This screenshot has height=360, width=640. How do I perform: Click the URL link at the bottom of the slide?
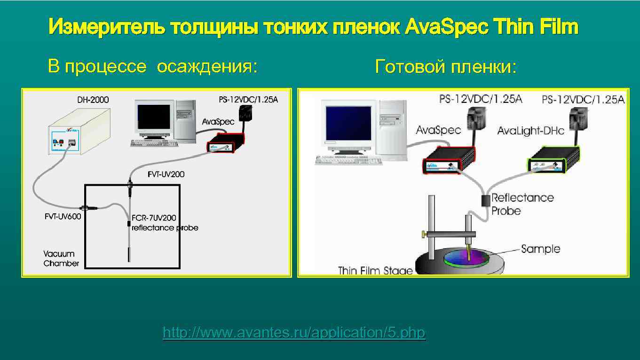[x=293, y=333]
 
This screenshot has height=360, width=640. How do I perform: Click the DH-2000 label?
[x=93, y=100]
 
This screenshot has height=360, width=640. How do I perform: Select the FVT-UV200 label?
[x=166, y=174]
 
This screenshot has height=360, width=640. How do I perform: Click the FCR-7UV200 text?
[x=154, y=218]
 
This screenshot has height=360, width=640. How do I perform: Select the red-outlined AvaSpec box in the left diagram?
[x=227, y=142]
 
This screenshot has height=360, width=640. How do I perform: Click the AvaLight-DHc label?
[x=530, y=131]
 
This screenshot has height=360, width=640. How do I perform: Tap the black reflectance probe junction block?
[x=485, y=201]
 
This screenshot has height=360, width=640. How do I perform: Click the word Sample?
[x=540, y=249]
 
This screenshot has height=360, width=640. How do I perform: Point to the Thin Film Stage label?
[x=375, y=270]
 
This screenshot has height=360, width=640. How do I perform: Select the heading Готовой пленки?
[x=445, y=67]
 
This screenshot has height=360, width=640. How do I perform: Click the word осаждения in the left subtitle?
[x=207, y=67]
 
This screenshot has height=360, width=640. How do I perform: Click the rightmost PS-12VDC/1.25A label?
[x=583, y=100]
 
